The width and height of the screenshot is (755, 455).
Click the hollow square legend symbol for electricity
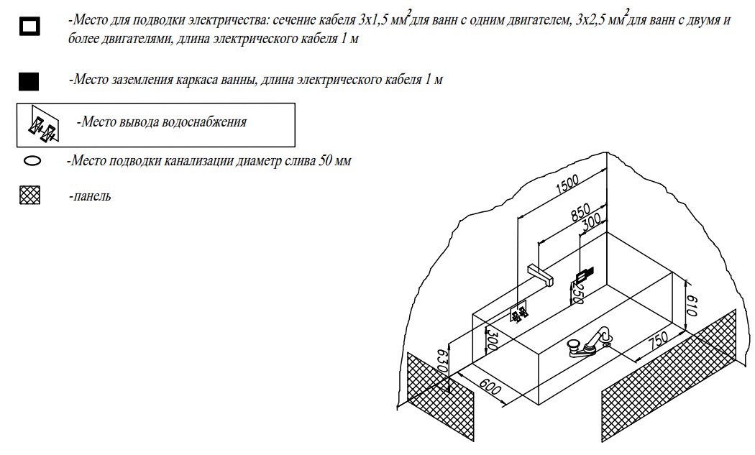coord(29,27)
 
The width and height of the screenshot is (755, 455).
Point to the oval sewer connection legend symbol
coord(32,161)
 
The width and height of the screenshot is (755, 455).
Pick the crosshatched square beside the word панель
coord(29,196)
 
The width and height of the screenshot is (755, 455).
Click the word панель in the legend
coord(91,196)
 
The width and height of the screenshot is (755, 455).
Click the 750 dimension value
coord(657,340)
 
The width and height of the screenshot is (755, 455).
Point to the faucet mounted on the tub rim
coord(589,343)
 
